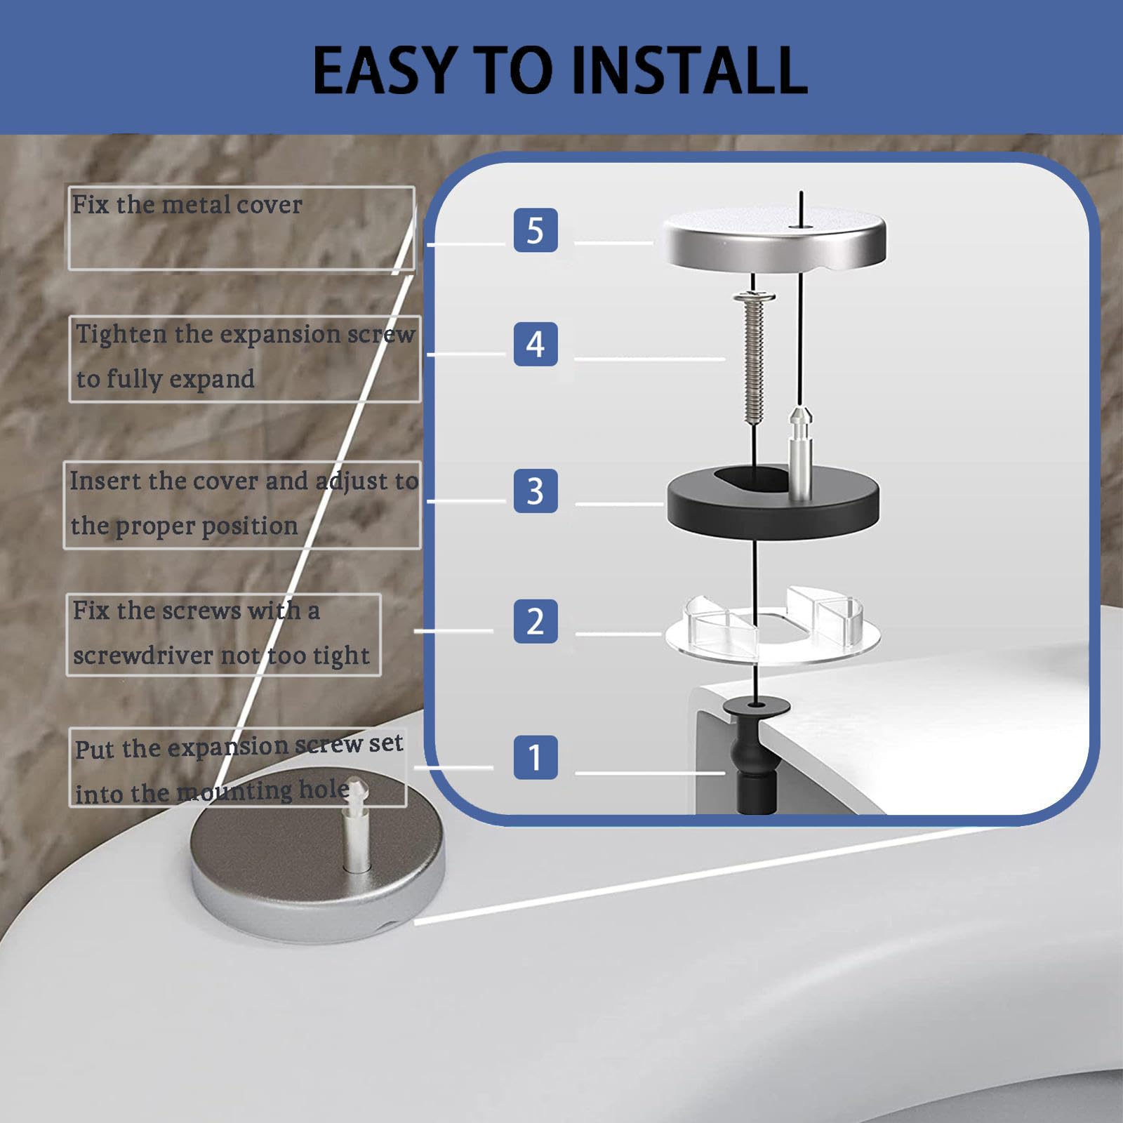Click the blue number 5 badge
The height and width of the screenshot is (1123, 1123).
(x=536, y=230)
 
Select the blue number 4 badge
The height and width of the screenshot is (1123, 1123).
(x=536, y=344)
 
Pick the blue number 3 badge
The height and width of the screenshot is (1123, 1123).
(x=536, y=491)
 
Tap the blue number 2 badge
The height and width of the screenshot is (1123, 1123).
(x=536, y=621)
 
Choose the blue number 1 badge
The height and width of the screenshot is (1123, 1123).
(x=536, y=757)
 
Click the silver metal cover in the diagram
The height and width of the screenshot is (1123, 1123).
(x=773, y=239)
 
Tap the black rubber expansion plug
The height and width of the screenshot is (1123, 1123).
(x=756, y=751)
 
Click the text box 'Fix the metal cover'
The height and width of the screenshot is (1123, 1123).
(x=241, y=228)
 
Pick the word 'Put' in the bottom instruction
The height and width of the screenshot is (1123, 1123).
(x=93, y=750)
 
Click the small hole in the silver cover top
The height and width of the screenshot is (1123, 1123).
(x=794, y=226)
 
